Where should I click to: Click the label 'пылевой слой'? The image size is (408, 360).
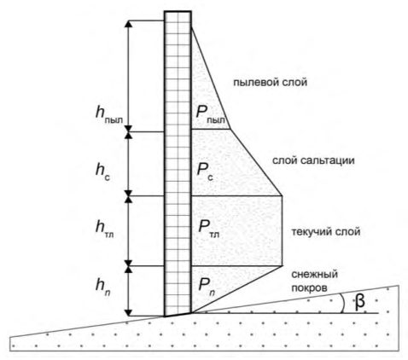click(x=270, y=83)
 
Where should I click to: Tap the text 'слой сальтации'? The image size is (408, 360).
click(x=313, y=160)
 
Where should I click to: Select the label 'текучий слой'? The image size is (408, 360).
click(x=326, y=232)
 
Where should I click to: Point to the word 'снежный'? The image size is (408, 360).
click(x=314, y=275)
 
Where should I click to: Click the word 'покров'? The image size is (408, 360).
click(x=309, y=288)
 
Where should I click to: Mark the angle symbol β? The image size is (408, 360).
click(x=360, y=302)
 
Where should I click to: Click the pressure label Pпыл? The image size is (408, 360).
click(x=210, y=114)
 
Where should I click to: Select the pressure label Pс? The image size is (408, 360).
click(x=205, y=171)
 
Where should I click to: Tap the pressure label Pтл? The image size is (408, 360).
click(x=208, y=228)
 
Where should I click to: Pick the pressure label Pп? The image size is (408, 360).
click(x=207, y=285)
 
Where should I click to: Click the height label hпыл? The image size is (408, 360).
click(x=109, y=114)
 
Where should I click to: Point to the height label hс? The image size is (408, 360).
click(x=102, y=171)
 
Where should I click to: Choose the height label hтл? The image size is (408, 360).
click(x=105, y=229)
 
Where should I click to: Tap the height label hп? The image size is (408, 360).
click(x=103, y=286)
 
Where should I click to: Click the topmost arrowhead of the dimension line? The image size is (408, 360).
click(x=129, y=24)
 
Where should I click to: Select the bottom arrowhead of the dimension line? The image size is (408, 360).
click(x=129, y=312)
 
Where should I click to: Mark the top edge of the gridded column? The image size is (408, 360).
click(x=178, y=11)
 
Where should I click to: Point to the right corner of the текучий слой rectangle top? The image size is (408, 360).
click(x=282, y=196)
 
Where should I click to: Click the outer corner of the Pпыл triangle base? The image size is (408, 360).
click(x=230, y=130)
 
